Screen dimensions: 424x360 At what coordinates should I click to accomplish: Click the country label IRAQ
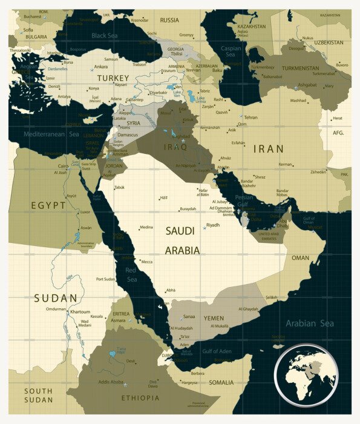(175, 147)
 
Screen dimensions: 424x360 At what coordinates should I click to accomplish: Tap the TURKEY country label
(113, 78)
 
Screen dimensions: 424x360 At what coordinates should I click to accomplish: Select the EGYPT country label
(49, 205)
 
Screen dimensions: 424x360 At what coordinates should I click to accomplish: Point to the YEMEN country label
(213, 318)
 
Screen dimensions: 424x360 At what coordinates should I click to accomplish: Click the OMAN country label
(300, 257)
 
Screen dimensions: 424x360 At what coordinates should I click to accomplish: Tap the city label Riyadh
(213, 225)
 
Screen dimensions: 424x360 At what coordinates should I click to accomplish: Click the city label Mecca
(146, 262)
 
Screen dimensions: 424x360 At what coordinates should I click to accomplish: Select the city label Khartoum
(80, 312)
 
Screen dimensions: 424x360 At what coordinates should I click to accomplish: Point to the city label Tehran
(250, 118)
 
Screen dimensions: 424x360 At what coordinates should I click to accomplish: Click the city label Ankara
(101, 67)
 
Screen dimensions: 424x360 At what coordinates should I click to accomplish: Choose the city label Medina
(146, 227)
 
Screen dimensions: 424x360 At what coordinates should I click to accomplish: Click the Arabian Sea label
(309, 323)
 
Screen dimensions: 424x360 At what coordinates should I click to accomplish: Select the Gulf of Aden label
(217, 351)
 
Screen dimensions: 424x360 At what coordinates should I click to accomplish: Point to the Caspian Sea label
(231, 51)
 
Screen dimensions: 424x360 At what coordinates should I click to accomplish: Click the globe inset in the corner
(306, 375)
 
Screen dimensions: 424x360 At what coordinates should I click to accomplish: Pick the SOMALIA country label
(221, 382)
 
